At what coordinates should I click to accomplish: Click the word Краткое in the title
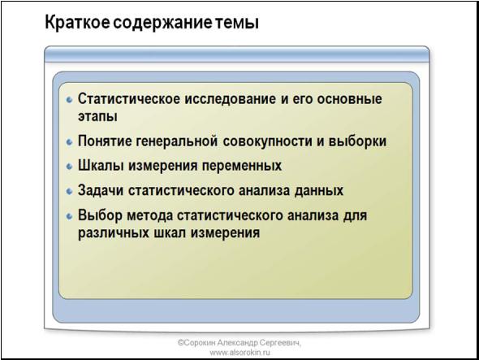pyautogui.click(x=77, y=23)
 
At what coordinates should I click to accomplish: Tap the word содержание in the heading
pyautogui.click(x=162, y=24)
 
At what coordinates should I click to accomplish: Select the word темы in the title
pyautogui.click(x=235, y=24)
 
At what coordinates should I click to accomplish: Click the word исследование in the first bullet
pyautogui.click(x=230, y=99)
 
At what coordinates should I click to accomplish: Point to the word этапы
pyautogui.click(x=97, y=117)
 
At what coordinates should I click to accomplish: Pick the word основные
pyautogui.click(x=349, y=99)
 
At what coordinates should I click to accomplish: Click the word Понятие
pyautogui.click(x=105, y=141)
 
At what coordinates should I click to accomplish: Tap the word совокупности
pyautogui.click(x=266, y=141)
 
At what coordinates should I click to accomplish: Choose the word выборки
pyautogui.click(x=358, y=141)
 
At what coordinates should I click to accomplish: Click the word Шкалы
pyautogui.click(x=101, y=166)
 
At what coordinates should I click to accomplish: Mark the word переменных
pyautogui.click(x=242, y=166)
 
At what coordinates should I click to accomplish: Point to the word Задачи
pyautogui.click(x=101, y=190)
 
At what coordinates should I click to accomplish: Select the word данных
pyautogui.click(x=318, y=190)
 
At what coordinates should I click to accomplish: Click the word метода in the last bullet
pyautogui.click(x=150, y=215)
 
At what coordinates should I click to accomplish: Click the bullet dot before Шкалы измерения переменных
pyautogui.click(x=70, y=167)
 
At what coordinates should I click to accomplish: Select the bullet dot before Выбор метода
pyautogui.click(x=70, y=216)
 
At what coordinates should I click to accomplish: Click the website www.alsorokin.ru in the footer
pyautogui.click(x=239, y=353)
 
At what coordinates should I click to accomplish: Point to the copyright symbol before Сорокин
pyautogui.click(x=181, y=343)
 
